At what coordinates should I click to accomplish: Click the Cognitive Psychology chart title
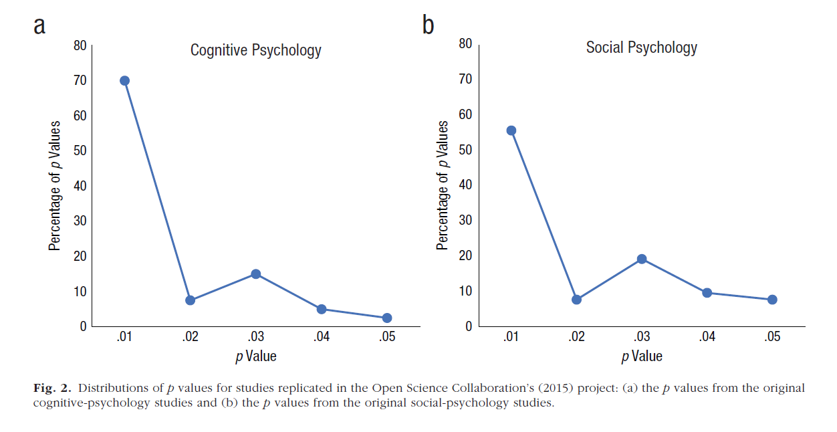[x=255, y=50]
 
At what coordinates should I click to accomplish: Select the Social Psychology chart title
[x=641, y=47]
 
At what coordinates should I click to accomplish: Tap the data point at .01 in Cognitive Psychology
[x=124, y=81]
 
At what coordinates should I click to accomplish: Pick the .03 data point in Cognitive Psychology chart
[x=255, y=274]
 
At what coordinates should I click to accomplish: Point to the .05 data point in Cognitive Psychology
[x=386, y=318]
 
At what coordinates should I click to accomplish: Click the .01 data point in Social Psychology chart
[x=511, y=130]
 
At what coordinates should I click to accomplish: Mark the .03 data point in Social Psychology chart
[x=642, y=259]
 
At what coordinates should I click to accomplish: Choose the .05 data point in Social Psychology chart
[x=772, y=300]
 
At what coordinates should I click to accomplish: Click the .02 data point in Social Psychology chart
[x=576, y=300]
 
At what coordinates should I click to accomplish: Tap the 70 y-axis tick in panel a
[x=80, y=81]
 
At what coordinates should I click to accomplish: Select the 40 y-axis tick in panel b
[x=465, y=185]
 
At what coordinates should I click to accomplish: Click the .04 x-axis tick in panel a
[x=321, y=337]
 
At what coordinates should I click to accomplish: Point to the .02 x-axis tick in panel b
[x=576, y=337]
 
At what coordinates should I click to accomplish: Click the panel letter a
[x=40, y=27]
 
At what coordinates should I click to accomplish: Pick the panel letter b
[x=428, y=25]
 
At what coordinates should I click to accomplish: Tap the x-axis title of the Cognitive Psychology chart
[x=255, y=356]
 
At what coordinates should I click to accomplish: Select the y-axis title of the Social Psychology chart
[x=443, y=185]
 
